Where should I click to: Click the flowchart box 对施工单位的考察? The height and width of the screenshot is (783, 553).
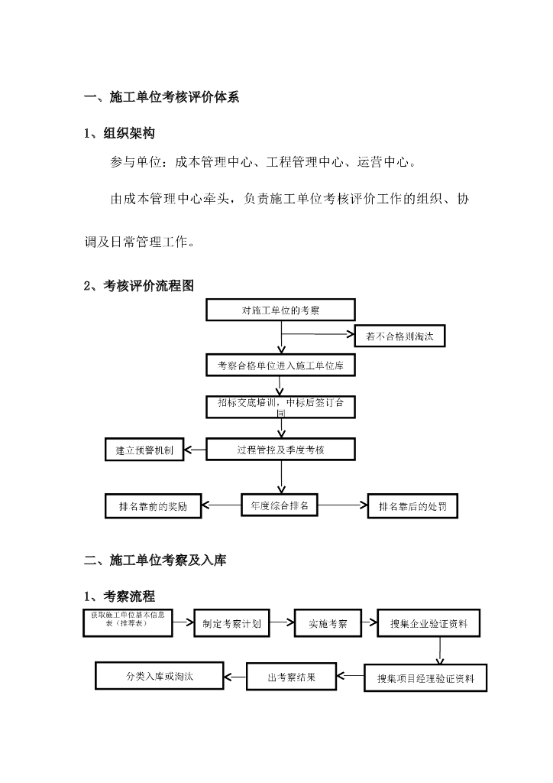tap(280, 310)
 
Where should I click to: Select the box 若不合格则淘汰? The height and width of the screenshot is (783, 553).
tap(399, 336)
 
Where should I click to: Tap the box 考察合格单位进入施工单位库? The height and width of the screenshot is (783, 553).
tap(280, 366)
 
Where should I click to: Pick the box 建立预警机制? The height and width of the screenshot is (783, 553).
tap(144, 450)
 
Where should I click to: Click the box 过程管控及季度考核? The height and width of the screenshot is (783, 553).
tap(280, 450)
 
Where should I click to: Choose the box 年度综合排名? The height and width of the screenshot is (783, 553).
tap(280, 505)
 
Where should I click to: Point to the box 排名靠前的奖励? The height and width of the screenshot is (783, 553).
tap(153, 506)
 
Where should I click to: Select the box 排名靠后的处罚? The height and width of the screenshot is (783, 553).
tap(413, 506)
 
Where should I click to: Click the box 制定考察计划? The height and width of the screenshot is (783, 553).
tap(231, 623)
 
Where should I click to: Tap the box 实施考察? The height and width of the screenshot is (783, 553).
tap(328, 623)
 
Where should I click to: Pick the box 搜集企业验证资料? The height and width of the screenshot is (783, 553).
tap(434, 623)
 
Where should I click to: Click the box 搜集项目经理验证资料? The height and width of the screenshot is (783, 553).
tap(425, 677)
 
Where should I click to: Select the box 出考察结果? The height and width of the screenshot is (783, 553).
tap(291, 677)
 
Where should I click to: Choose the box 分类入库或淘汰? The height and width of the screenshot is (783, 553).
tap(160, 677)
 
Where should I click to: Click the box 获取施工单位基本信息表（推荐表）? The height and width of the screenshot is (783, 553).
tap(128, 622)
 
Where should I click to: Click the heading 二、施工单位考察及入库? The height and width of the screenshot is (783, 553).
tap(155, 560)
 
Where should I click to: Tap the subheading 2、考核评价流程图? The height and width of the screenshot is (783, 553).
tap(139, 286)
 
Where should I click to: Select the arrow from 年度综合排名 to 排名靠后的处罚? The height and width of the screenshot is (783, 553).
tap(343, 505)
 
